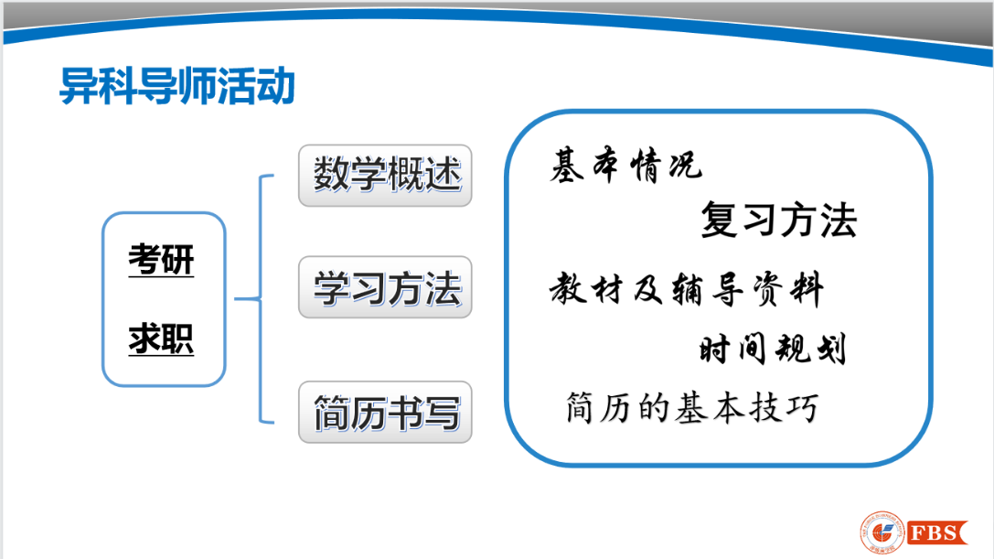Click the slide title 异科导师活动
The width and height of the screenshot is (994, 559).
coord(176,86)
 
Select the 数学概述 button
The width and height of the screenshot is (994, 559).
coord(385,175)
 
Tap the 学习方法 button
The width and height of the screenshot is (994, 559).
coord(385,286)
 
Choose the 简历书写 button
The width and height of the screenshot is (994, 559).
coord(385,412)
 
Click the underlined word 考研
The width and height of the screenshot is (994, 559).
coord(161,259)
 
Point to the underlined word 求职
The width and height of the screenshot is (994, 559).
coord(161,339)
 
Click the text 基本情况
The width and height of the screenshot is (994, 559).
coord(625,166)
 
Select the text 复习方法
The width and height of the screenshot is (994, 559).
coord(778,220)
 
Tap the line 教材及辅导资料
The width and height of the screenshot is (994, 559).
coord(687,289)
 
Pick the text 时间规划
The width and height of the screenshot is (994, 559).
coord(773,349)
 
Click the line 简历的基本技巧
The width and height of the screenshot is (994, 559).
coord(691,407)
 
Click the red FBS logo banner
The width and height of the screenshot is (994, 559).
coord(937,532)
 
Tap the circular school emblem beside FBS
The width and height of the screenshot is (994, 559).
coord(882,532)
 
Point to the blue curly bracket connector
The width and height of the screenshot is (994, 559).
coord(261,298)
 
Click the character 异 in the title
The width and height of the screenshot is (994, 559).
coord(79,86)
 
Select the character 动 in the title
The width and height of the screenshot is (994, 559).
coord(276,86)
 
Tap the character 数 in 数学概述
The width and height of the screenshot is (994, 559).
coord(332,175)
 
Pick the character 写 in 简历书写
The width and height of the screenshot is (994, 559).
coord(442,413)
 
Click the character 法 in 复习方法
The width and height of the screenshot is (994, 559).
coord(838,220)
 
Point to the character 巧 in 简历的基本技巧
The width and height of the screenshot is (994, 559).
coord(802,407)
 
